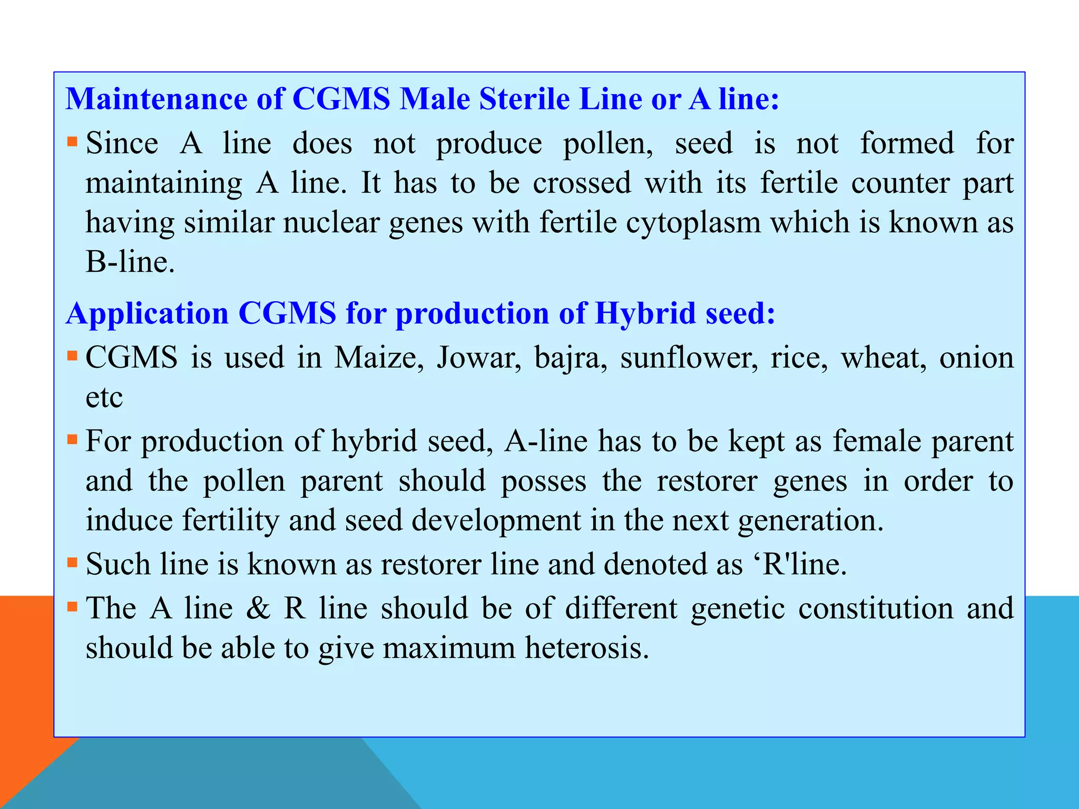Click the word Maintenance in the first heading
click(156, 99)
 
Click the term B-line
click(130, 262)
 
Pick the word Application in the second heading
click(148, 313)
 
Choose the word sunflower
click(689, 358)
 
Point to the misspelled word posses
click(543, 481)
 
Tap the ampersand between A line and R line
click(258, 608)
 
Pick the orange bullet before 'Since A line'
click(72, 142)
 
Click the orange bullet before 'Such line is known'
click(72, 563)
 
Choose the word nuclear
click(331, 222)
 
